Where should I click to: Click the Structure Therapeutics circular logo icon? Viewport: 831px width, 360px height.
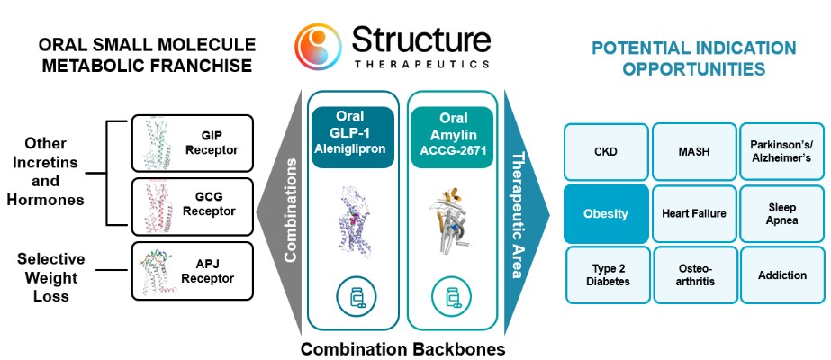point(318,47)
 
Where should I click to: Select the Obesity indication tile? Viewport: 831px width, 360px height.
point(606,214)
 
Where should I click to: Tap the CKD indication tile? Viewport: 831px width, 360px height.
point(606,152)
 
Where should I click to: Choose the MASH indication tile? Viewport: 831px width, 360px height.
point(694,152)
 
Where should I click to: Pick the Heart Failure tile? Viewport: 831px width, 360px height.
point(694,214)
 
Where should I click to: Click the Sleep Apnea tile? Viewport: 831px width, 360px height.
point(781,214)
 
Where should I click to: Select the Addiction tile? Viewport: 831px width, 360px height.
point(781,275)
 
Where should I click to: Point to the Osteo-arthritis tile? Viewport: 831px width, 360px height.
point(694,275)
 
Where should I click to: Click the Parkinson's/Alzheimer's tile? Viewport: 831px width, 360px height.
point(781,152)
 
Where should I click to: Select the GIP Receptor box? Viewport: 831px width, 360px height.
point(192,143)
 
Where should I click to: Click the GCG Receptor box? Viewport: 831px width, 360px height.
point(192,205)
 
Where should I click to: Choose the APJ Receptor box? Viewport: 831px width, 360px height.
point(192,271)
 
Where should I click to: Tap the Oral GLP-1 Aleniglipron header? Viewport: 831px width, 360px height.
point(352,138)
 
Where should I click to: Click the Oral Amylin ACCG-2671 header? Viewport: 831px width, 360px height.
point(452,138)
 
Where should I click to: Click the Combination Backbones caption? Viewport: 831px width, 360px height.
point(402,349)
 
